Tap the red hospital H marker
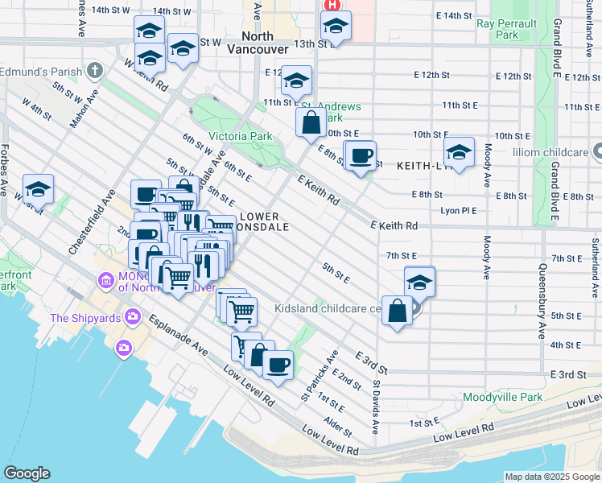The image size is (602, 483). (332, 6)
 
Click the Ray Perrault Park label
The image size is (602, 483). (508, 29)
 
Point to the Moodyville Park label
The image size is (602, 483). (503, 398)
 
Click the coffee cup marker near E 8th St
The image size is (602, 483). (361, 155)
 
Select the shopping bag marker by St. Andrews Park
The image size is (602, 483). (311, 124)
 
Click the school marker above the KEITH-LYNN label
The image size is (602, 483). (459, 152)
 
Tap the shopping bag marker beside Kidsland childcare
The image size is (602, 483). (398, 311)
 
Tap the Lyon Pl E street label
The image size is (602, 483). (459, 210)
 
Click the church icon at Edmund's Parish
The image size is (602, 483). (95, 71)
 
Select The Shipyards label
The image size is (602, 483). (85, 317)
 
